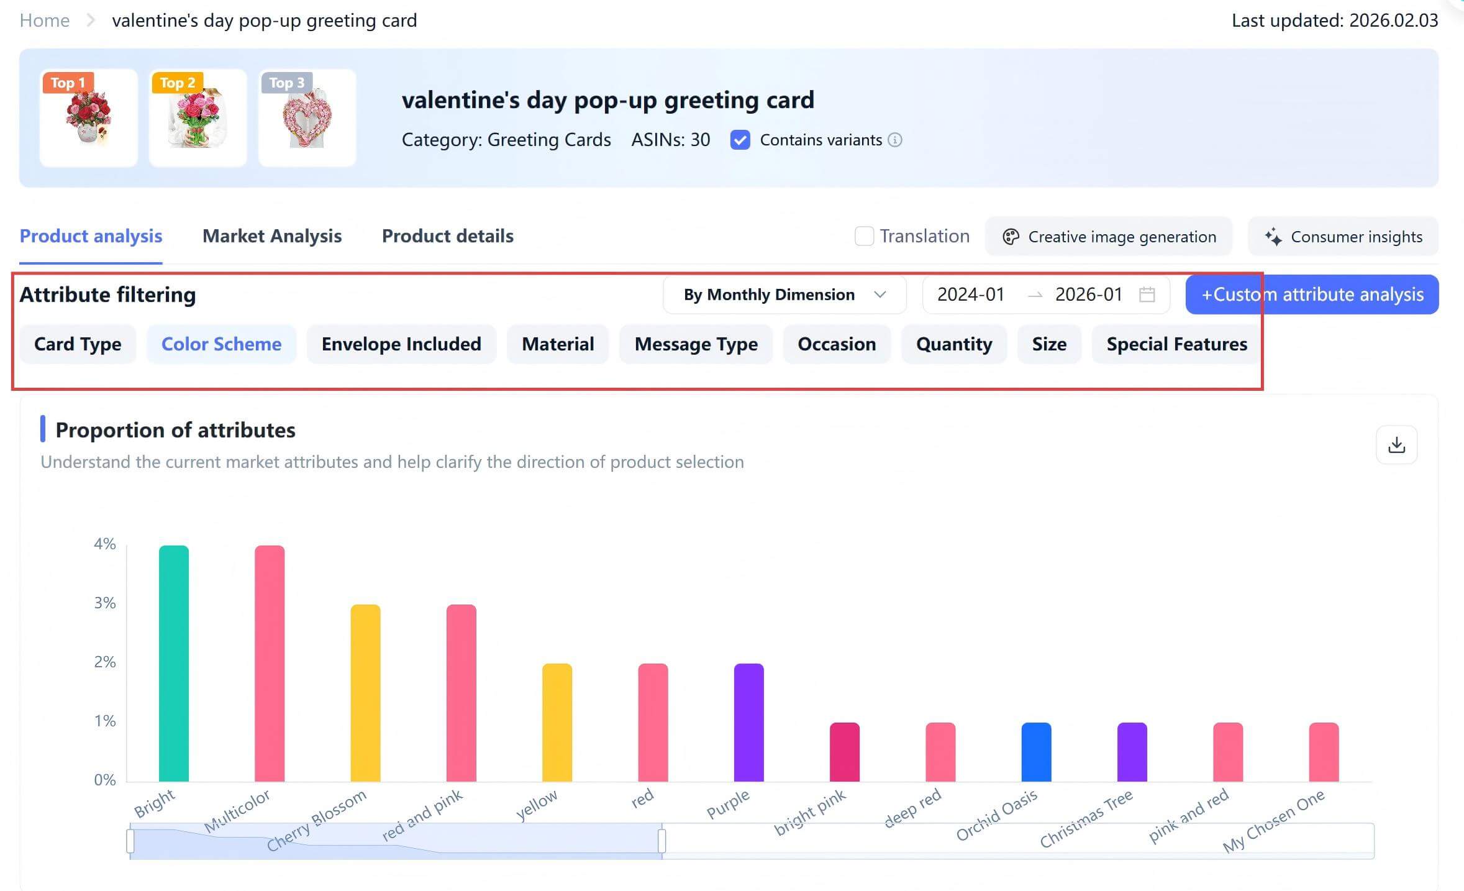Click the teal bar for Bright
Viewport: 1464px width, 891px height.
point(174,663)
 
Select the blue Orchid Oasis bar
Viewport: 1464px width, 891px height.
point(1036,752)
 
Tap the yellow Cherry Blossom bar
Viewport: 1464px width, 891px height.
point(365,693)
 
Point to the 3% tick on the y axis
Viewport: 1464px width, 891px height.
point(105,603)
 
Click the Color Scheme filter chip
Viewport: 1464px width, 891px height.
point(221,344)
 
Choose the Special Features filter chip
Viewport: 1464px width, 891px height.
point(1176,344)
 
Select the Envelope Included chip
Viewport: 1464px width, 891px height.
point(401,344)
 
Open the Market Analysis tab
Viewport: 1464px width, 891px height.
point(271,236)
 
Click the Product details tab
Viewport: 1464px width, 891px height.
point(447,236)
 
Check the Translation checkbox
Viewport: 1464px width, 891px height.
point(864,236)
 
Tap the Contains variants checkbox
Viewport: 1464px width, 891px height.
point(740,140)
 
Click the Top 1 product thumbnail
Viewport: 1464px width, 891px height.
point(89,118)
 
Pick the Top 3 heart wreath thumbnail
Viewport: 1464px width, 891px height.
point(307,118)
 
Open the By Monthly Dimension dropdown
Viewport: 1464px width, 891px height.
point(784,295)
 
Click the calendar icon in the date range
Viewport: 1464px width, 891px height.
point(1147,295)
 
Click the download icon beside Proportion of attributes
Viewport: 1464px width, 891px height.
point(1396,445)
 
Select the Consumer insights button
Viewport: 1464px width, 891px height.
point(1344,237)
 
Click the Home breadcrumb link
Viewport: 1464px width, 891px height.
point(45,21)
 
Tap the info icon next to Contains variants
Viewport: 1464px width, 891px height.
point(895,140)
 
